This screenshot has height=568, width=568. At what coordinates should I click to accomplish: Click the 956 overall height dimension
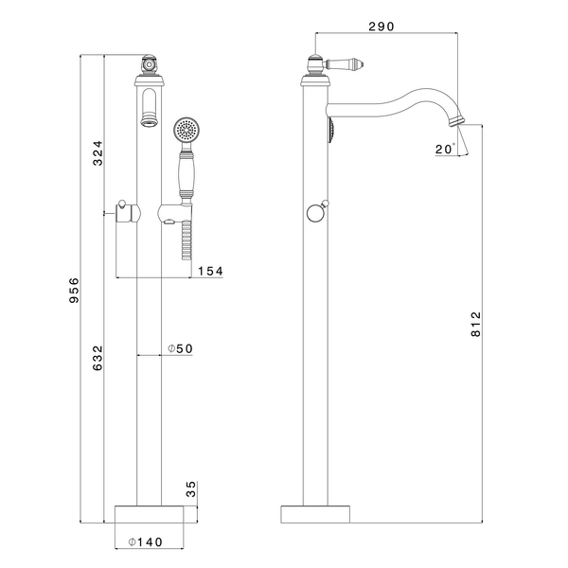[x=74, y=291]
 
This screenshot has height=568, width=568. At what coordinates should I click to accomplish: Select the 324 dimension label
[x=98, y=152]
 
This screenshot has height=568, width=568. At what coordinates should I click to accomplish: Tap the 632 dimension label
[x=98, y=358]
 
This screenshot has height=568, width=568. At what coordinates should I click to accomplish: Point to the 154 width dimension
[x=210, y=271]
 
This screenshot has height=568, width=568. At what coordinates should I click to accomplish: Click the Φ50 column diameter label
[x=180, y=348]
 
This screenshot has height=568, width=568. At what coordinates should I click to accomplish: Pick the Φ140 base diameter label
[x=146, y=541]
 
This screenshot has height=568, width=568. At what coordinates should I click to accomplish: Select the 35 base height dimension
[x=191, y=489]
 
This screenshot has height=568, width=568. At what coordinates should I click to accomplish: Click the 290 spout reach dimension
[x=382, y=27]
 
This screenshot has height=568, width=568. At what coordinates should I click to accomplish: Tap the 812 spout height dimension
[x=476, y=324]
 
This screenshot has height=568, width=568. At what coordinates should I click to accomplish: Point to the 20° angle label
[x=445, y=149]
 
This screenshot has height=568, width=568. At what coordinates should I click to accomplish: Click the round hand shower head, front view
[x=186, y=129]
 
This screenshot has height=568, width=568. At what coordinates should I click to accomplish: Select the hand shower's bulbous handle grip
[x=186, y=175]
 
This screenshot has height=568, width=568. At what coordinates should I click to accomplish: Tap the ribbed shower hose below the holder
[x=186, y=240]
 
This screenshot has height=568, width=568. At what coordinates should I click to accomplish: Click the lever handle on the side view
[x=345, y=65]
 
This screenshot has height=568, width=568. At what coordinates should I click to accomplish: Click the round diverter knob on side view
[x=315, y=214]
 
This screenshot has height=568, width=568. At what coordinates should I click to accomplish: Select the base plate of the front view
[x=150, y=514]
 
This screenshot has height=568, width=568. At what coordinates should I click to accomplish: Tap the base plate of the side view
[x=315, y=514]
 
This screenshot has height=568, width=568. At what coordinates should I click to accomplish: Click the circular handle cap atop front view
[x=149, y=65]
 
